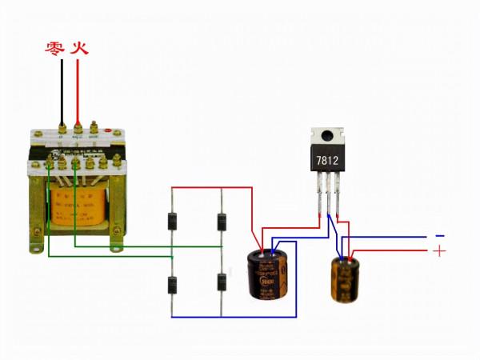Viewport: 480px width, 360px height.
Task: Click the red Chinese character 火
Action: (x=79, y=49)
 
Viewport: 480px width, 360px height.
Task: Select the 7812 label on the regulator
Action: (x=328, y=161)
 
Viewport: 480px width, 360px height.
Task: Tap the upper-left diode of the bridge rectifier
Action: (x=172, y=221)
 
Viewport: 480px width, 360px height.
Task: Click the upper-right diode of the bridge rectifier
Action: (x=221, y=221)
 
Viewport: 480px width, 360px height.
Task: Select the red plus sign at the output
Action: (x=438, y=251)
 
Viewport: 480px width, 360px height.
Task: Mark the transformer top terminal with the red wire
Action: (x=78, y=126)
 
